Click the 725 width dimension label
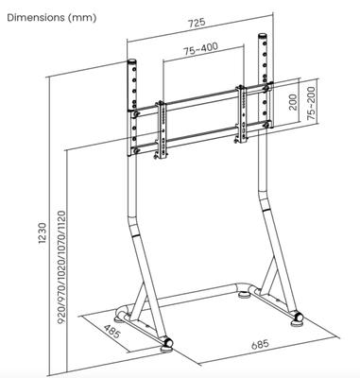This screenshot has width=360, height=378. coord(197,23)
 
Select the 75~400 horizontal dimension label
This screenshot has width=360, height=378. coord(200,49)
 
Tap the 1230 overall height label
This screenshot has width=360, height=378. coord(43,233)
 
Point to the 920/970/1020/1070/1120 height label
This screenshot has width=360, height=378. coord(62,267)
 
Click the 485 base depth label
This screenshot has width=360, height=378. coord(111,332)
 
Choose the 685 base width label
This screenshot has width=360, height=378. coord(260,344)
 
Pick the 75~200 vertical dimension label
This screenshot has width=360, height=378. coord(312,103)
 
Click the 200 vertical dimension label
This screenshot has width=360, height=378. coord(293,102)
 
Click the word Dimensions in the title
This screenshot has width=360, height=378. coord(36,18)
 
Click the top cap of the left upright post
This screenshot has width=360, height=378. coord(131,61)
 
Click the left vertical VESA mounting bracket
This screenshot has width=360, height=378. coord(163,129)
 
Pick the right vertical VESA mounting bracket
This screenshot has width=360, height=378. coord(242,113)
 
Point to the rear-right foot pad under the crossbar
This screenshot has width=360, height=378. coord(243,295)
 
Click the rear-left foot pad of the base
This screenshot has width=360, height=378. coord(120,320)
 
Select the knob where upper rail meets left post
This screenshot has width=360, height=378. coord(136,114)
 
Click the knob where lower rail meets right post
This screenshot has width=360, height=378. coord(267,125)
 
